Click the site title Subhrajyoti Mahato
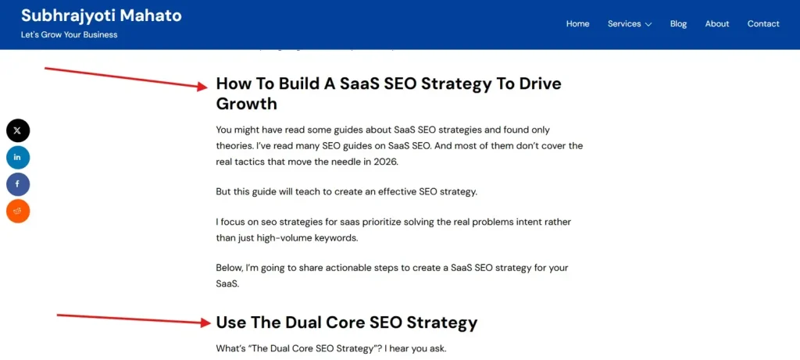coord(101,15)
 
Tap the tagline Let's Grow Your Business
coord(69,34)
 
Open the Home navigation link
coord(577,23)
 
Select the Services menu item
coord(624,23)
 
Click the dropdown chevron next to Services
coord(648,24)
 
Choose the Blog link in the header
coord(678,23)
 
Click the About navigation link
coord(716,23)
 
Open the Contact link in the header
coord(762,23)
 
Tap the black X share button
coord(18,130)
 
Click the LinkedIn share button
coord(18,157)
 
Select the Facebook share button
coord(18,184)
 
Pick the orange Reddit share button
coord(18,211)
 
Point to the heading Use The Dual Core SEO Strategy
coord(346,323)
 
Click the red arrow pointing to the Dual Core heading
coord(133,319)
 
